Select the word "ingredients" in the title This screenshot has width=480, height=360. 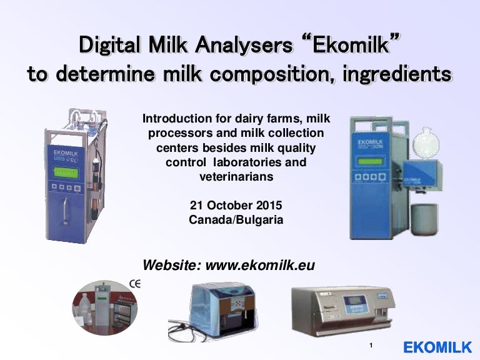[391, 74]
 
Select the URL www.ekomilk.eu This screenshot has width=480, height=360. [260, 265]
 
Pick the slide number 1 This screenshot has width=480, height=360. [371, 346]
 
